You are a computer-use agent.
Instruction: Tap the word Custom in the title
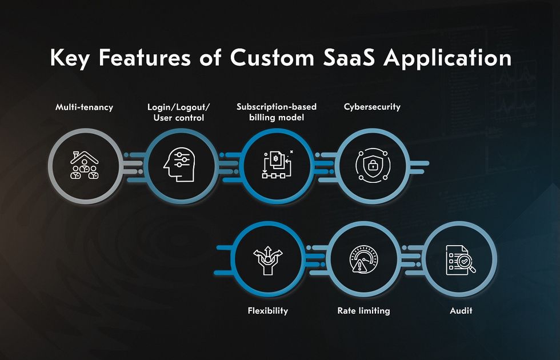click(x=272, y=57)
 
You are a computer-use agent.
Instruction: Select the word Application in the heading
click(x=447, y=58)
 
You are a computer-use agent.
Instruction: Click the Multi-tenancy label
click(x=85, y=107)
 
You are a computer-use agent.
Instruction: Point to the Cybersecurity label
click(x=372, y=107)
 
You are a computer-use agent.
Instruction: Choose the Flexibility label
click(x=268, y=310)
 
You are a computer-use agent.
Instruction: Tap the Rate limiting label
click(x=363, y=310)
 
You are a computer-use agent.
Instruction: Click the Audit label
click(x=461, y=310)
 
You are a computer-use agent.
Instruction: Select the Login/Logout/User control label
click(x=178, y=112)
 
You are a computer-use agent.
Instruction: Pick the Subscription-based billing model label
click(x=277, y=112)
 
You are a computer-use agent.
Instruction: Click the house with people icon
click(x=85, y=165)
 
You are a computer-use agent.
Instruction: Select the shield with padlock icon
click(x=373, y=165)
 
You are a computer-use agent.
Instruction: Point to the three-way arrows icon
click(x=268, y=260)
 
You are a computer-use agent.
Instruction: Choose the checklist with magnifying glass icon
click(x=461, y=260)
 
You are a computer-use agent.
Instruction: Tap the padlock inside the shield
click(x=373, y=165)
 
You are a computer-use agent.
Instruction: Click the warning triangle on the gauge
click(x=358, y=266)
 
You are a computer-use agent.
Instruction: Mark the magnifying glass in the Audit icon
click(x=466, y=263)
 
